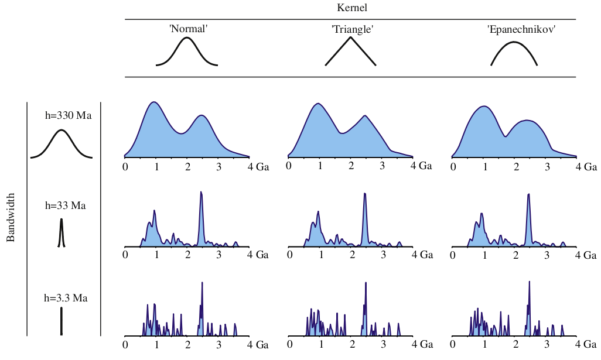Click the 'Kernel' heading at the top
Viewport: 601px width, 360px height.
click(352, 8)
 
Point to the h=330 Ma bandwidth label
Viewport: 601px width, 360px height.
click(68, 115)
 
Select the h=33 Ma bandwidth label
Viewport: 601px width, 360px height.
click(66, 205)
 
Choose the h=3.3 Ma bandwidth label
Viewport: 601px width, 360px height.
click(66, 298)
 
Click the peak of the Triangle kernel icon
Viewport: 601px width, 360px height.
click(350, 38)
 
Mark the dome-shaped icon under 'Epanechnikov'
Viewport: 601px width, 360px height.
click(514, 53)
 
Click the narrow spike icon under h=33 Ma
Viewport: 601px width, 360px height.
click(61, 233)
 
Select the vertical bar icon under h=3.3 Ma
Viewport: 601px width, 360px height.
click(61, 321)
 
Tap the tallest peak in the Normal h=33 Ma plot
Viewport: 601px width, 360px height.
click(201, 193)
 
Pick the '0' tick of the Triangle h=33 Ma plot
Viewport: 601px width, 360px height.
click(289, 255)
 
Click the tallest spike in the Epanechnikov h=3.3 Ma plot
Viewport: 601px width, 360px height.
click(530, 282)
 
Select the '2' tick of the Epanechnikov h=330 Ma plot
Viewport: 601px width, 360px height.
click(516, 167)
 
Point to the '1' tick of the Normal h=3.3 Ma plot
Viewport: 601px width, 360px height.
click(156, 345)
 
